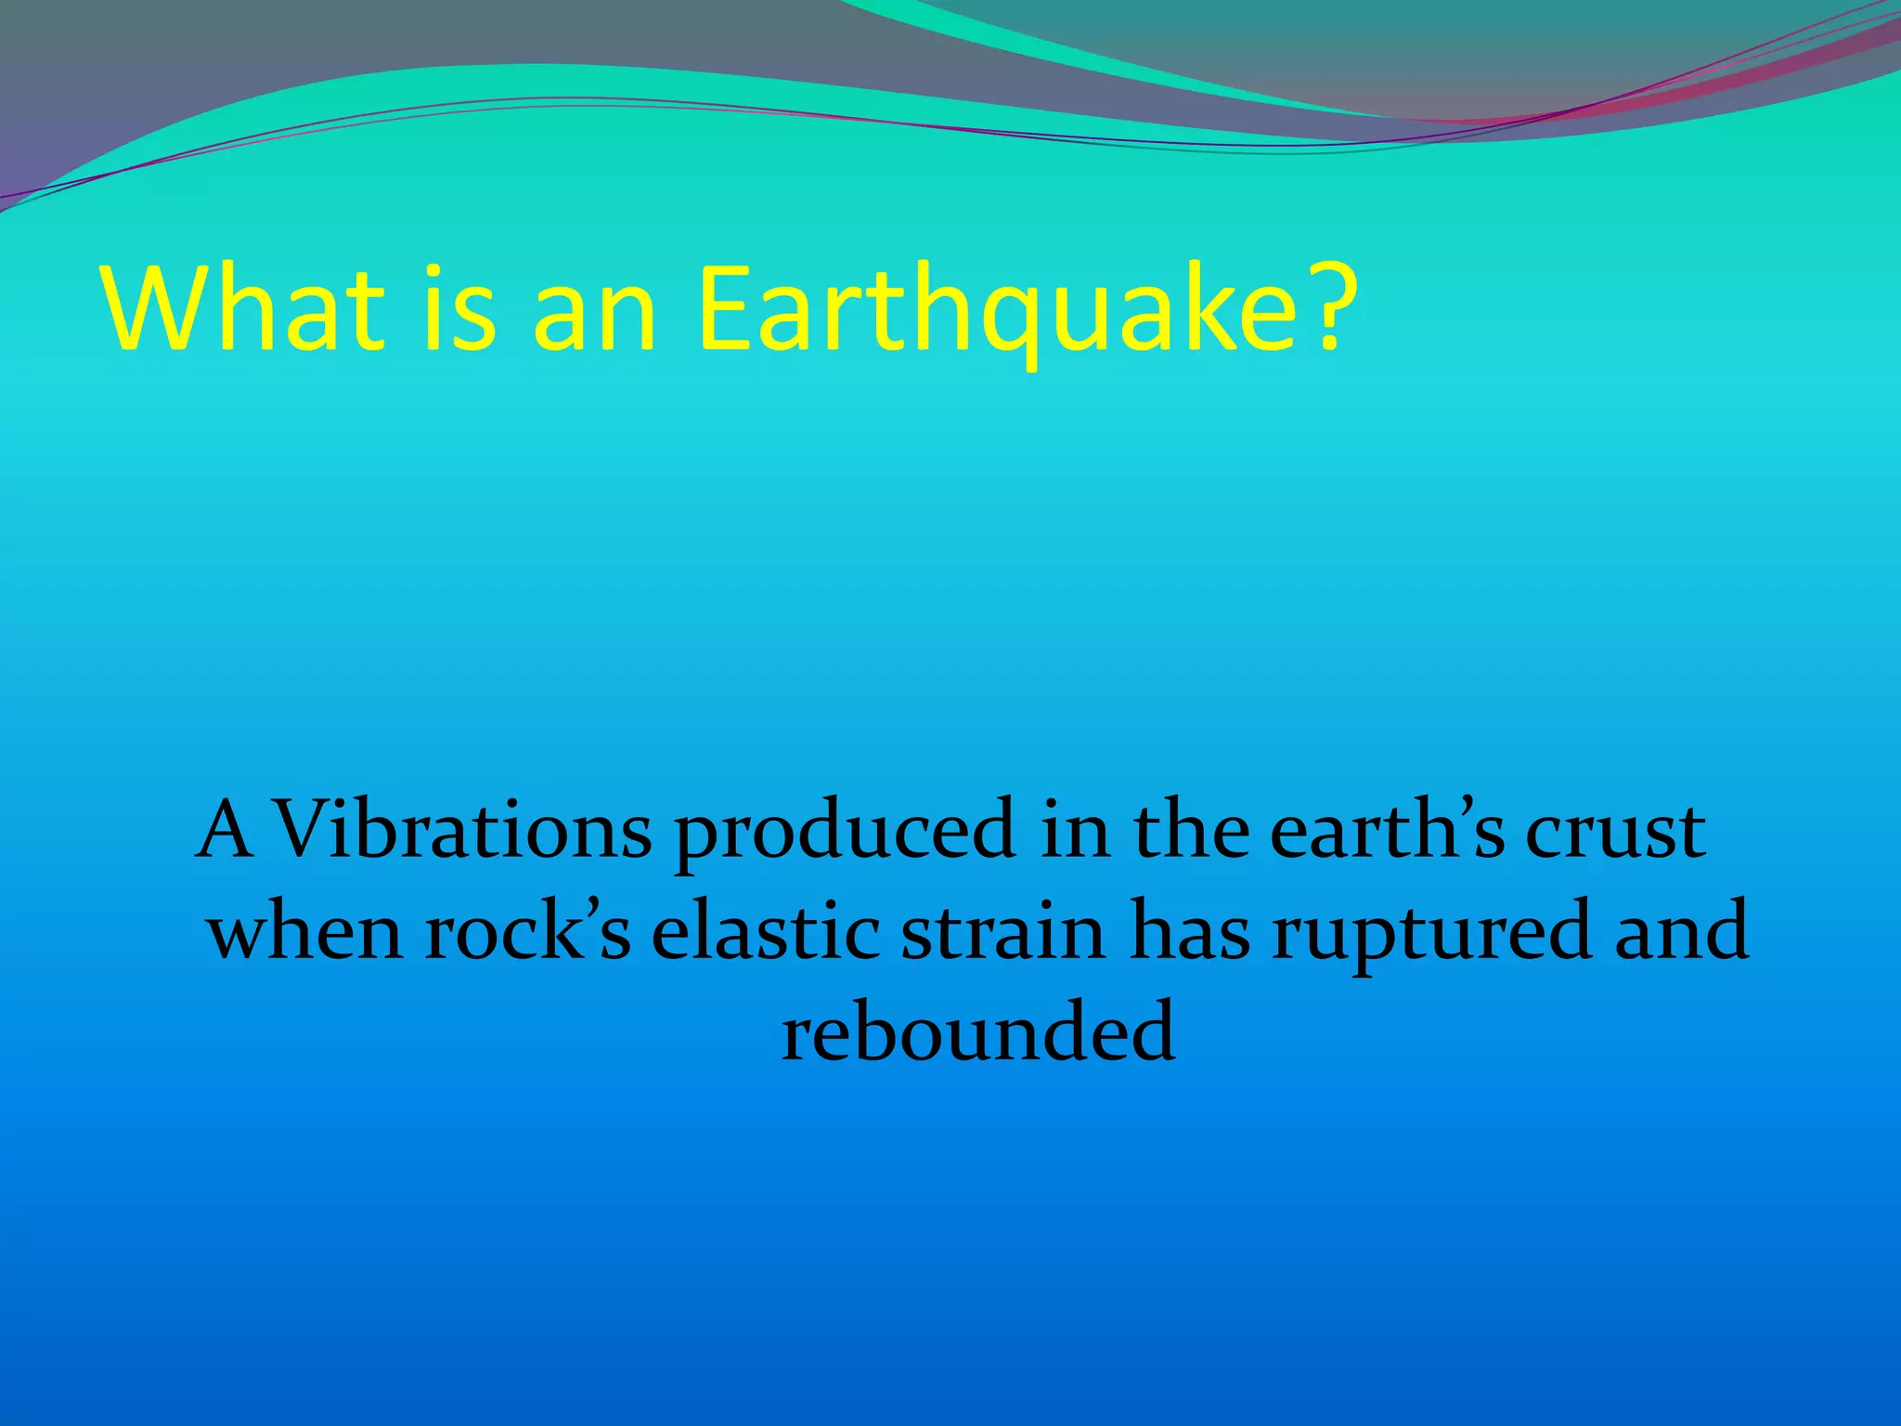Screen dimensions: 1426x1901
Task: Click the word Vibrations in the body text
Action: tap(464, 829)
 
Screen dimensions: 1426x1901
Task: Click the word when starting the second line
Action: tap(305, 931)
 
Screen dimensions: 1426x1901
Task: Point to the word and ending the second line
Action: tap(1681, 931)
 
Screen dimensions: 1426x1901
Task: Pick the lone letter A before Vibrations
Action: tap(226, 829)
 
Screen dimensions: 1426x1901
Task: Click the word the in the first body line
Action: tap(1192, 829)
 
